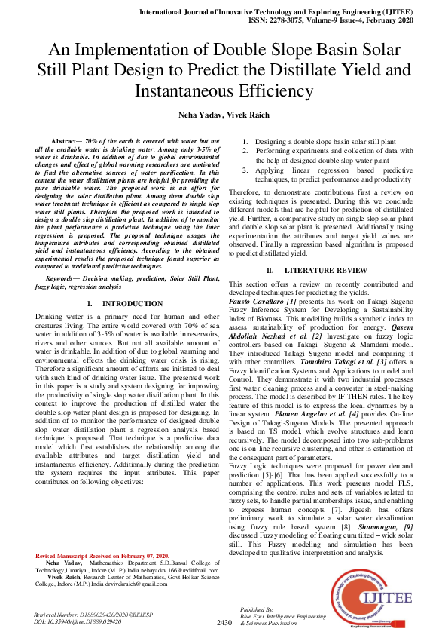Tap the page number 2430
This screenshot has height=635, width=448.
click(x=224, y=623)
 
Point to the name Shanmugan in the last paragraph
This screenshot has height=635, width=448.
click(x=373, y=526)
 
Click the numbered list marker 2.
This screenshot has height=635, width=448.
click(x=245, y=151)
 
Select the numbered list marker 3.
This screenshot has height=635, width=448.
click(x=245, y=171)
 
